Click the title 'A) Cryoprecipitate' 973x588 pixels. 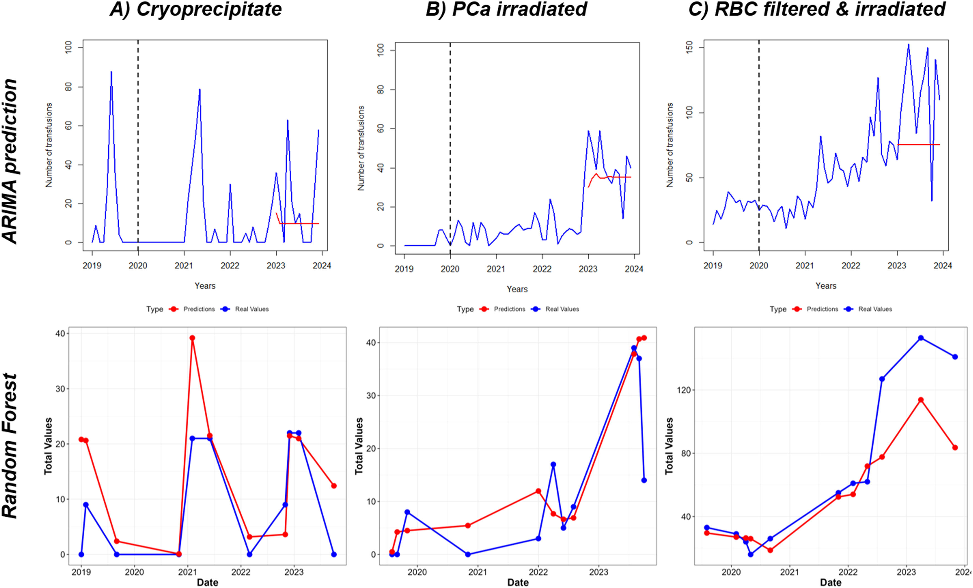196,9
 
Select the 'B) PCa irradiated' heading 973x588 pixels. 506,9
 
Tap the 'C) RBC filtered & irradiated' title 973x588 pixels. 817,9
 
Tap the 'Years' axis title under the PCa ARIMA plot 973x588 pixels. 517,289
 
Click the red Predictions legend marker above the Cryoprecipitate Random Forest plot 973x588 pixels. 173,309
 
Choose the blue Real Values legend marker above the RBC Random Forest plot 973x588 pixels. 848,309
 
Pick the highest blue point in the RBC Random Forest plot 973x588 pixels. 920,338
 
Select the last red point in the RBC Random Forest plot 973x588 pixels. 955,447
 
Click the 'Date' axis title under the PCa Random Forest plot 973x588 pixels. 518,582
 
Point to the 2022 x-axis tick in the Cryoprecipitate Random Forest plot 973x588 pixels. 241,572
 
